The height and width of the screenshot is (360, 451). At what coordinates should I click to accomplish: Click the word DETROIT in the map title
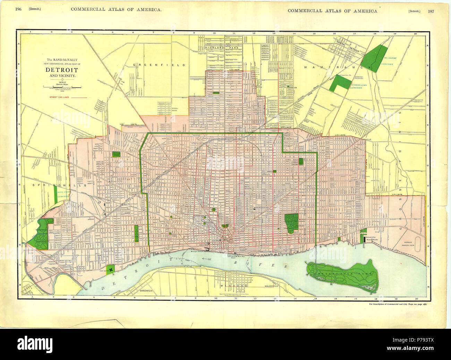(x=60, y=69)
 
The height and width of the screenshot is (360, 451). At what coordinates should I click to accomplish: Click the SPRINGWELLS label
(x=47, y=185)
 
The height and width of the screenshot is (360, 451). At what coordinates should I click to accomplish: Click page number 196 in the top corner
(x=18, y=9)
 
